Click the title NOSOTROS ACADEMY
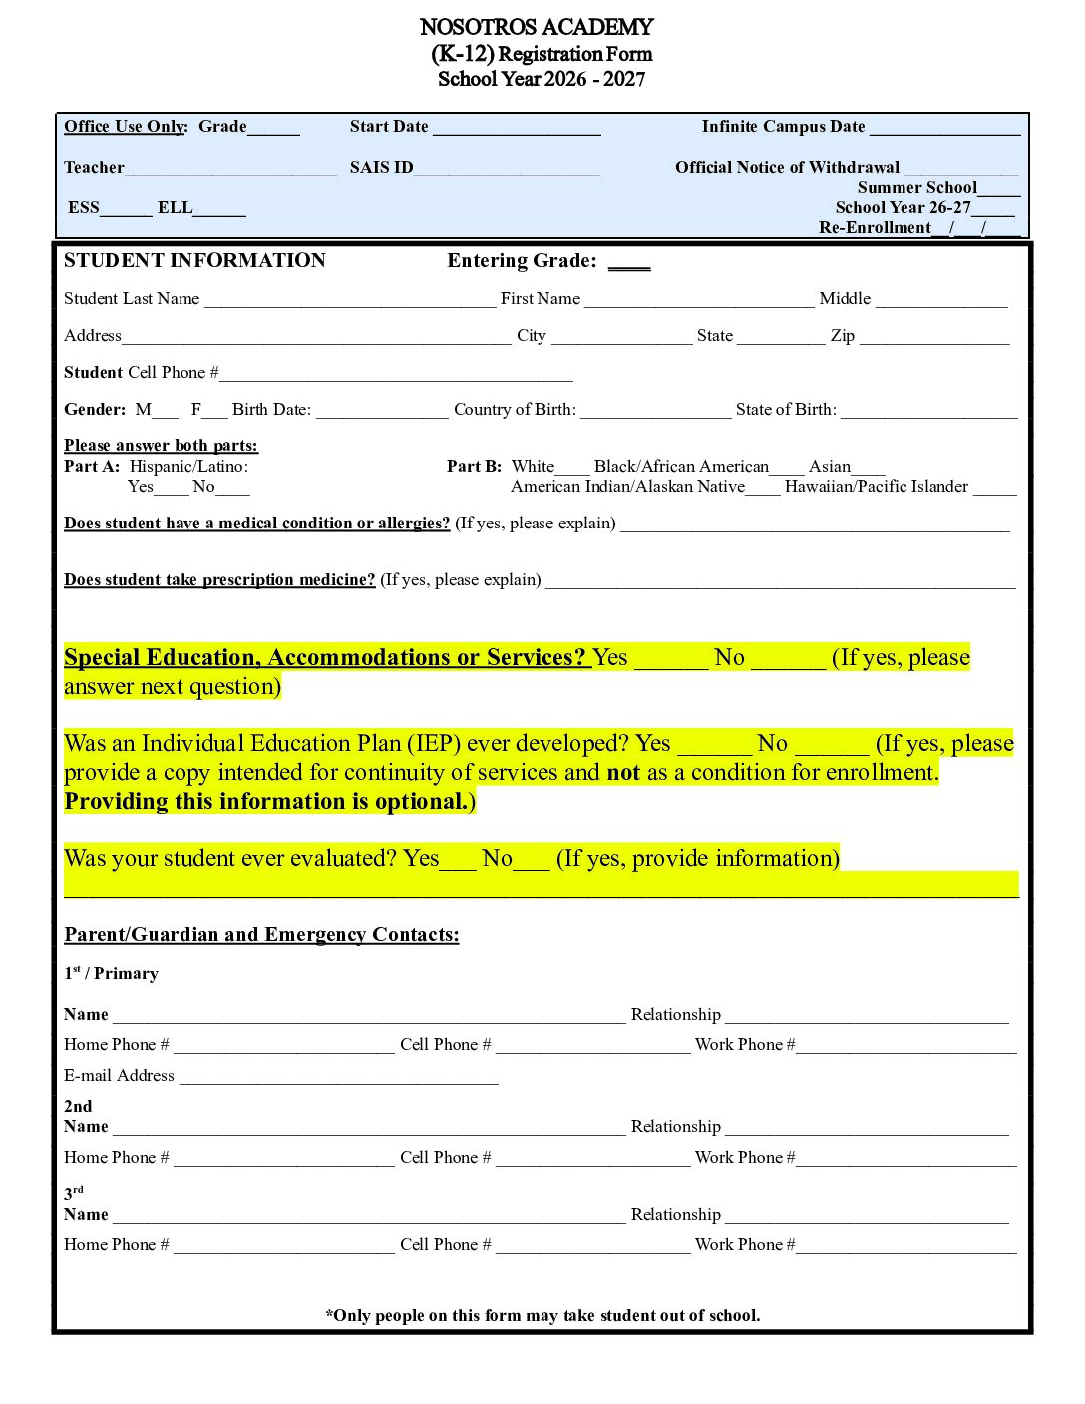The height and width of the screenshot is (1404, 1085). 537,27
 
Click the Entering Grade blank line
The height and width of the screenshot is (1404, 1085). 629,263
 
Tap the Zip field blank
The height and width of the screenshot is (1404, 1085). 934,338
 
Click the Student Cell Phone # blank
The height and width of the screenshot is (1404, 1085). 396,375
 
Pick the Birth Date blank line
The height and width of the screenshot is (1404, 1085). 382,412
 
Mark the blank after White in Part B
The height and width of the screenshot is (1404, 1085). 572,468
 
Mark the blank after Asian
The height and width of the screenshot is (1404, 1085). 869,468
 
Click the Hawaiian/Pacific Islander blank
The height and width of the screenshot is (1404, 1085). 994,489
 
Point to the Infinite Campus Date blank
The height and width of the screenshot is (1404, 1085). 944,129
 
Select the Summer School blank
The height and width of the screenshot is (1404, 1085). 998,189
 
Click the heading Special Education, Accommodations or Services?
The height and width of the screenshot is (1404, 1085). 325,658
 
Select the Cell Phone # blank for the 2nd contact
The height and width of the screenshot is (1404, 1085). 592,1160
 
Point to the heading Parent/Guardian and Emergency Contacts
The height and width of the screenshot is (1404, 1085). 261,935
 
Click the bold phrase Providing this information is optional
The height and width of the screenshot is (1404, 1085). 267,802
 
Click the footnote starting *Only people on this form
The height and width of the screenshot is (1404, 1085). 542,1316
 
